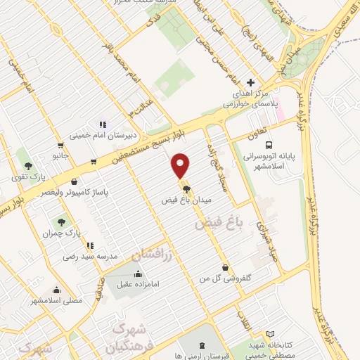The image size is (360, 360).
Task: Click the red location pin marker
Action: click(x=181, y=166)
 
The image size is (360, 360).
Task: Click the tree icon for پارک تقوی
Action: click(x=28, y=165)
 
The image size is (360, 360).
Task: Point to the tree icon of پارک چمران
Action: click(x=62, y=222)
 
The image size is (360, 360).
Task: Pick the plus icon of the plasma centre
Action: click(x=250, y=83)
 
